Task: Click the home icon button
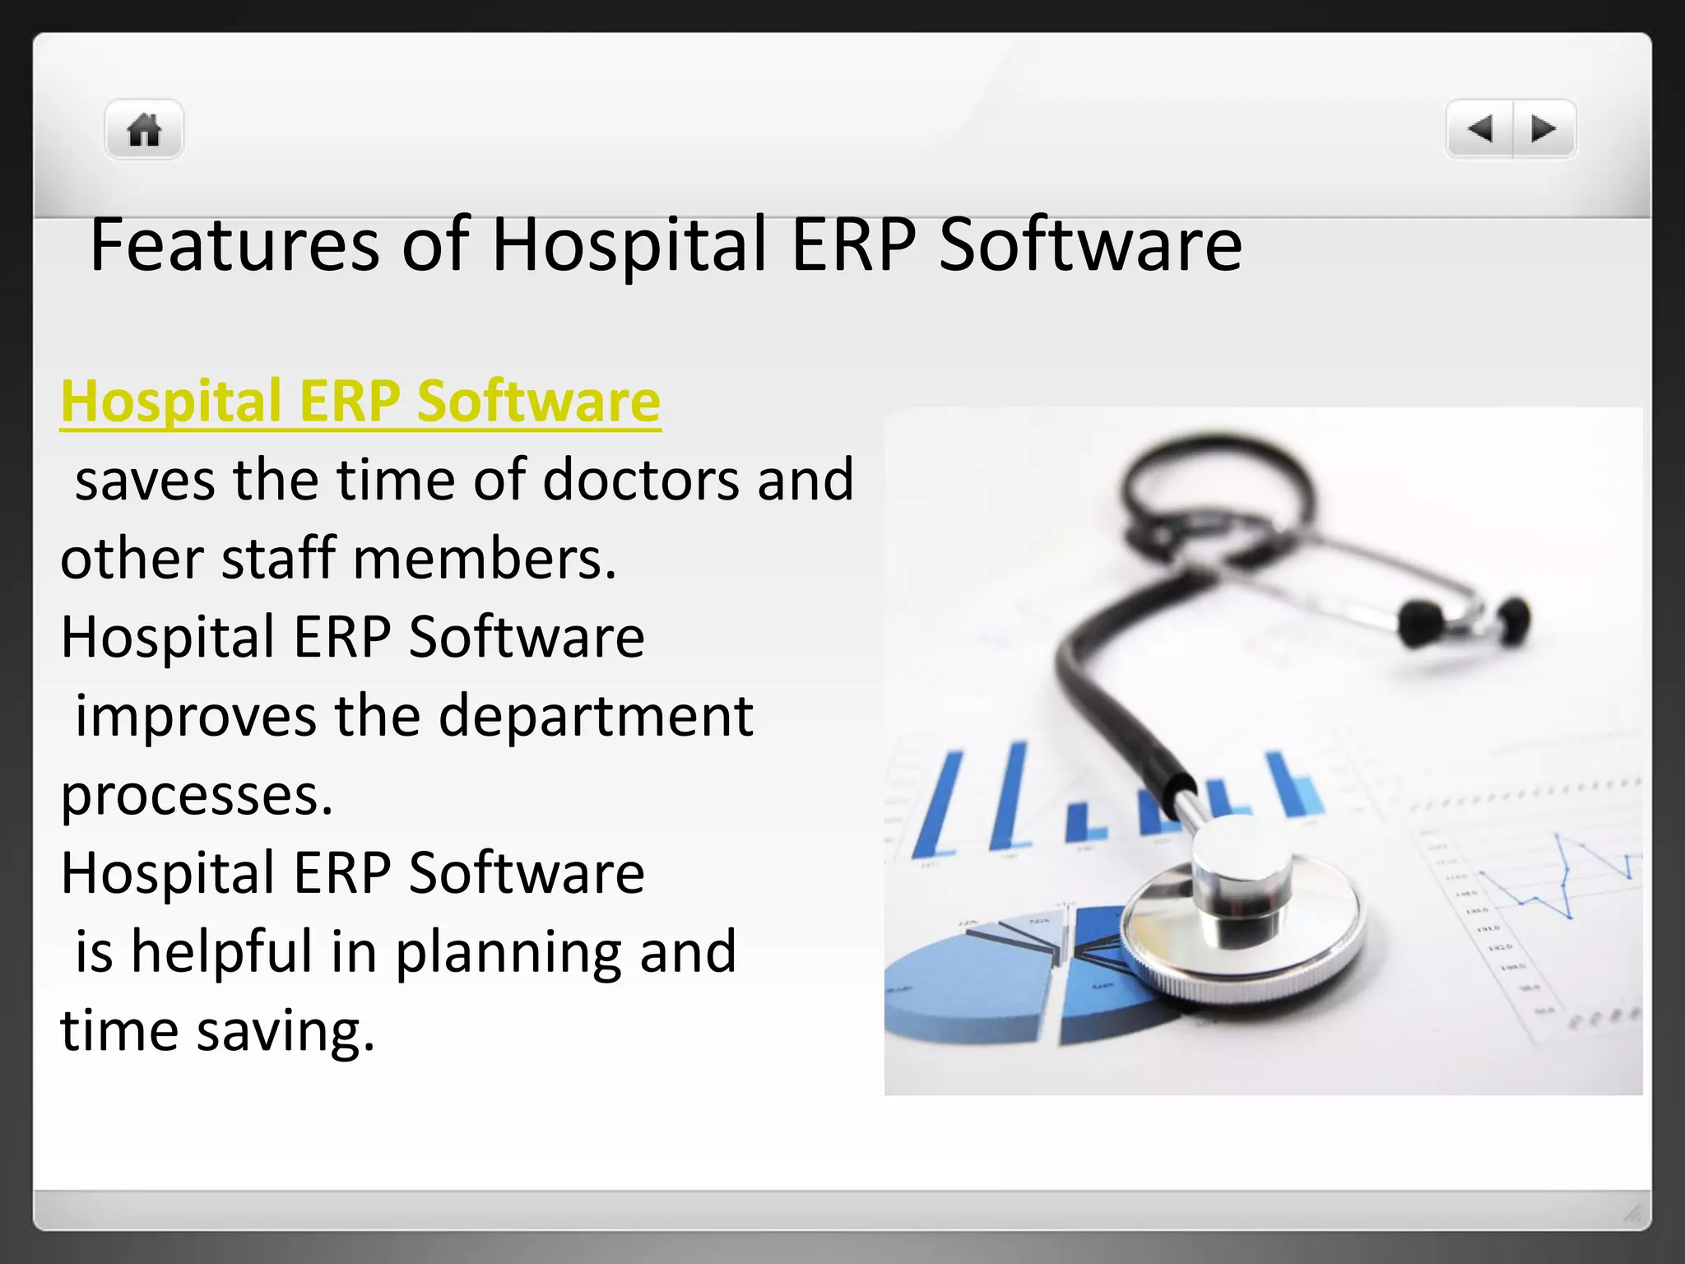pyautogui.click(x=144, y=130)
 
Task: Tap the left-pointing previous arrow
pyautogui.click(x=1480, y=129)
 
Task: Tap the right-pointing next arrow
pyautogui.click(x=1543, y=129)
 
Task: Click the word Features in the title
pyautogui.click(x=234, y=244)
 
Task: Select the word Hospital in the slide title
pyautogui.click(x=629, y=244)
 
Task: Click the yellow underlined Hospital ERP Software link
pyautogui.click(x=360, y=401)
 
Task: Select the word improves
pyautogui.click(x=196, y=715)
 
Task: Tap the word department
pyautogui.click(x=596, y=715)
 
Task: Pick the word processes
pyautogui.click(x=196, y=796)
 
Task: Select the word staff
pyautogui.click(x=279, y=559)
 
